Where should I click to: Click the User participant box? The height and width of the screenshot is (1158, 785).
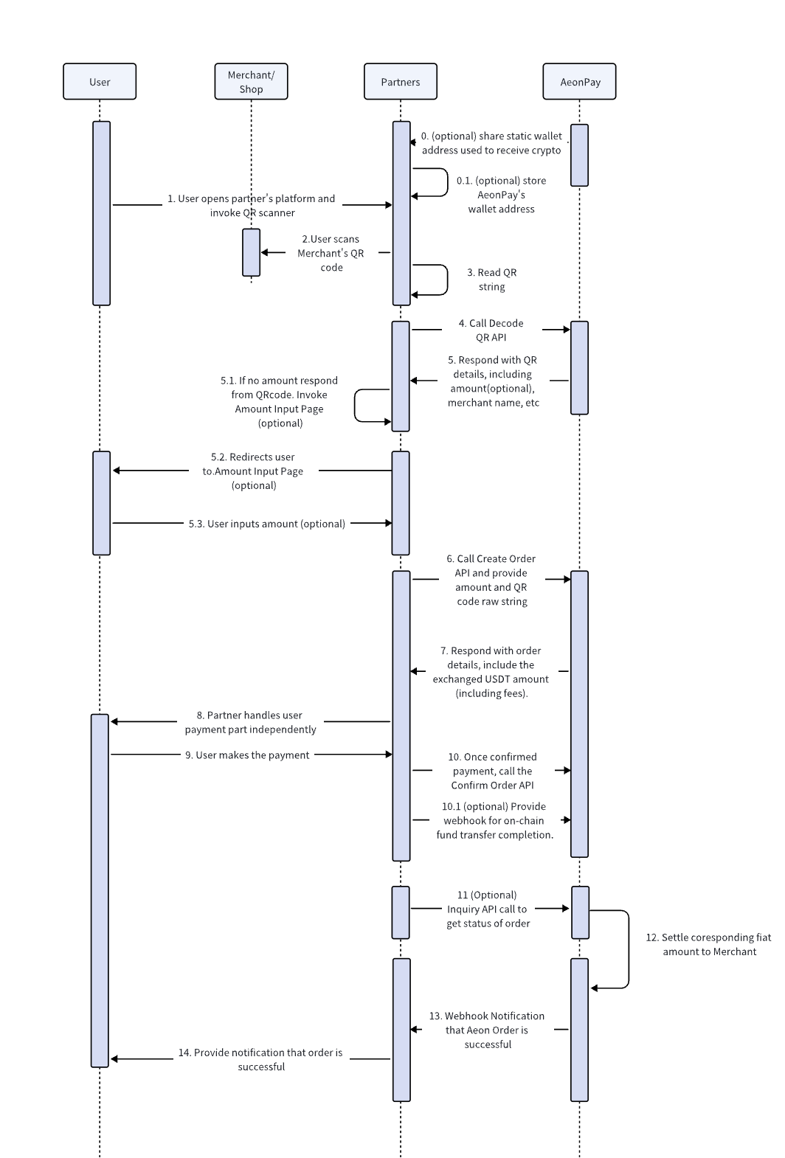pos(100,81)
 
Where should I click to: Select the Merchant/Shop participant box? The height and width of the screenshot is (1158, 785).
pos(251,81)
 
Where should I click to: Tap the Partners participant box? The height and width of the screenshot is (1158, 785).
pos(401,81)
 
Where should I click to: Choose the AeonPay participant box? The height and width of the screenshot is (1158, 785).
pos(579,81)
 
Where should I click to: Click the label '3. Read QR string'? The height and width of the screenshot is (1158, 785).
pos(492,279)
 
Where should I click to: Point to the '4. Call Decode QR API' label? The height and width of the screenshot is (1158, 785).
pos(491,330)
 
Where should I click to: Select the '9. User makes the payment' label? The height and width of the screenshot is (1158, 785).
pos(247,755)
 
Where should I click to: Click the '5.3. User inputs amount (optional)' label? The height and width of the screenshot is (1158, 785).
pos(267,524)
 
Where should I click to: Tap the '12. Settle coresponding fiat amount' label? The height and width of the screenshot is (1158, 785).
pos(708,944)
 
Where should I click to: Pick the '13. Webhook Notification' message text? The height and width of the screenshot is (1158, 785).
pos(487,1030)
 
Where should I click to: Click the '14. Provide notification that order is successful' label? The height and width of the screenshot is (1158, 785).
pos(260,1059)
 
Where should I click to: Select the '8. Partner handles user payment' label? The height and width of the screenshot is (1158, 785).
pos(250,721)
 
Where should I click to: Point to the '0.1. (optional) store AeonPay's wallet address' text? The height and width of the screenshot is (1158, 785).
pos(501,195)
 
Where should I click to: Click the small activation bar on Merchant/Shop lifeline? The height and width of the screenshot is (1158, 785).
pos(252,252)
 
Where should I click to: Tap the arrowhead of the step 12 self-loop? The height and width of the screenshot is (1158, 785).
pos(594,988)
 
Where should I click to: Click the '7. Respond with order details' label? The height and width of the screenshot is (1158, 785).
pos(491,671)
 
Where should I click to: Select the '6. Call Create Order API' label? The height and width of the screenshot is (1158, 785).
pos(491,580)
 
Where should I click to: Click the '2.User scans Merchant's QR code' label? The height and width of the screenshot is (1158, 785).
pos(331,253)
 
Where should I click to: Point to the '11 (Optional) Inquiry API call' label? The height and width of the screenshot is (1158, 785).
pos(488,909)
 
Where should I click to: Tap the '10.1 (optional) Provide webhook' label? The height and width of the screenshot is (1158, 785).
pos(495,820)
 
